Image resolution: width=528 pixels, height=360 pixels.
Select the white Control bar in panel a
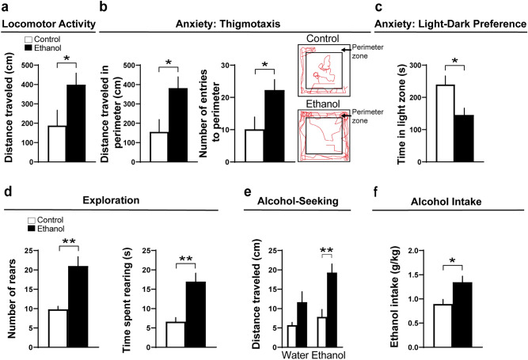[56, 142]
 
